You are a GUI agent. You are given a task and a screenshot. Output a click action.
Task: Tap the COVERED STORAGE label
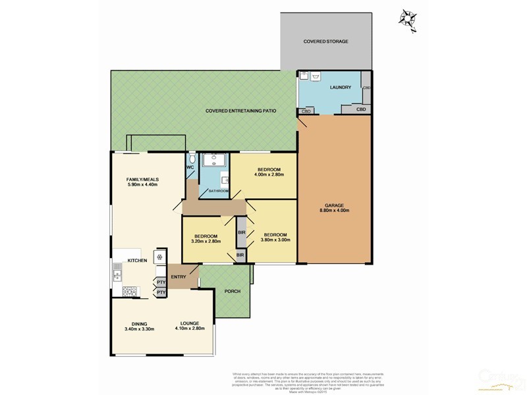pos(325,41)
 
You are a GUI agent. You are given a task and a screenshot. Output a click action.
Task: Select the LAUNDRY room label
pos(341,88)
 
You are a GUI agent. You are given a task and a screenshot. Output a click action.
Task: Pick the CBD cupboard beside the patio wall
pos(306,112)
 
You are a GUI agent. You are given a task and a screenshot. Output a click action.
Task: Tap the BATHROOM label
pos(219,191)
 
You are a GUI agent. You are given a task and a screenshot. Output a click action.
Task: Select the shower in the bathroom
pos(213,161)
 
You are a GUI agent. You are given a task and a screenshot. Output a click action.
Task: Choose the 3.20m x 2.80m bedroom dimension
pos(207,242)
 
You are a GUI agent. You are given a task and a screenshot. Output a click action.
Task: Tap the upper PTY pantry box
pos(161,282)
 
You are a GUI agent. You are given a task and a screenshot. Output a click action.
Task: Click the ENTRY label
pos(177,276)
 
